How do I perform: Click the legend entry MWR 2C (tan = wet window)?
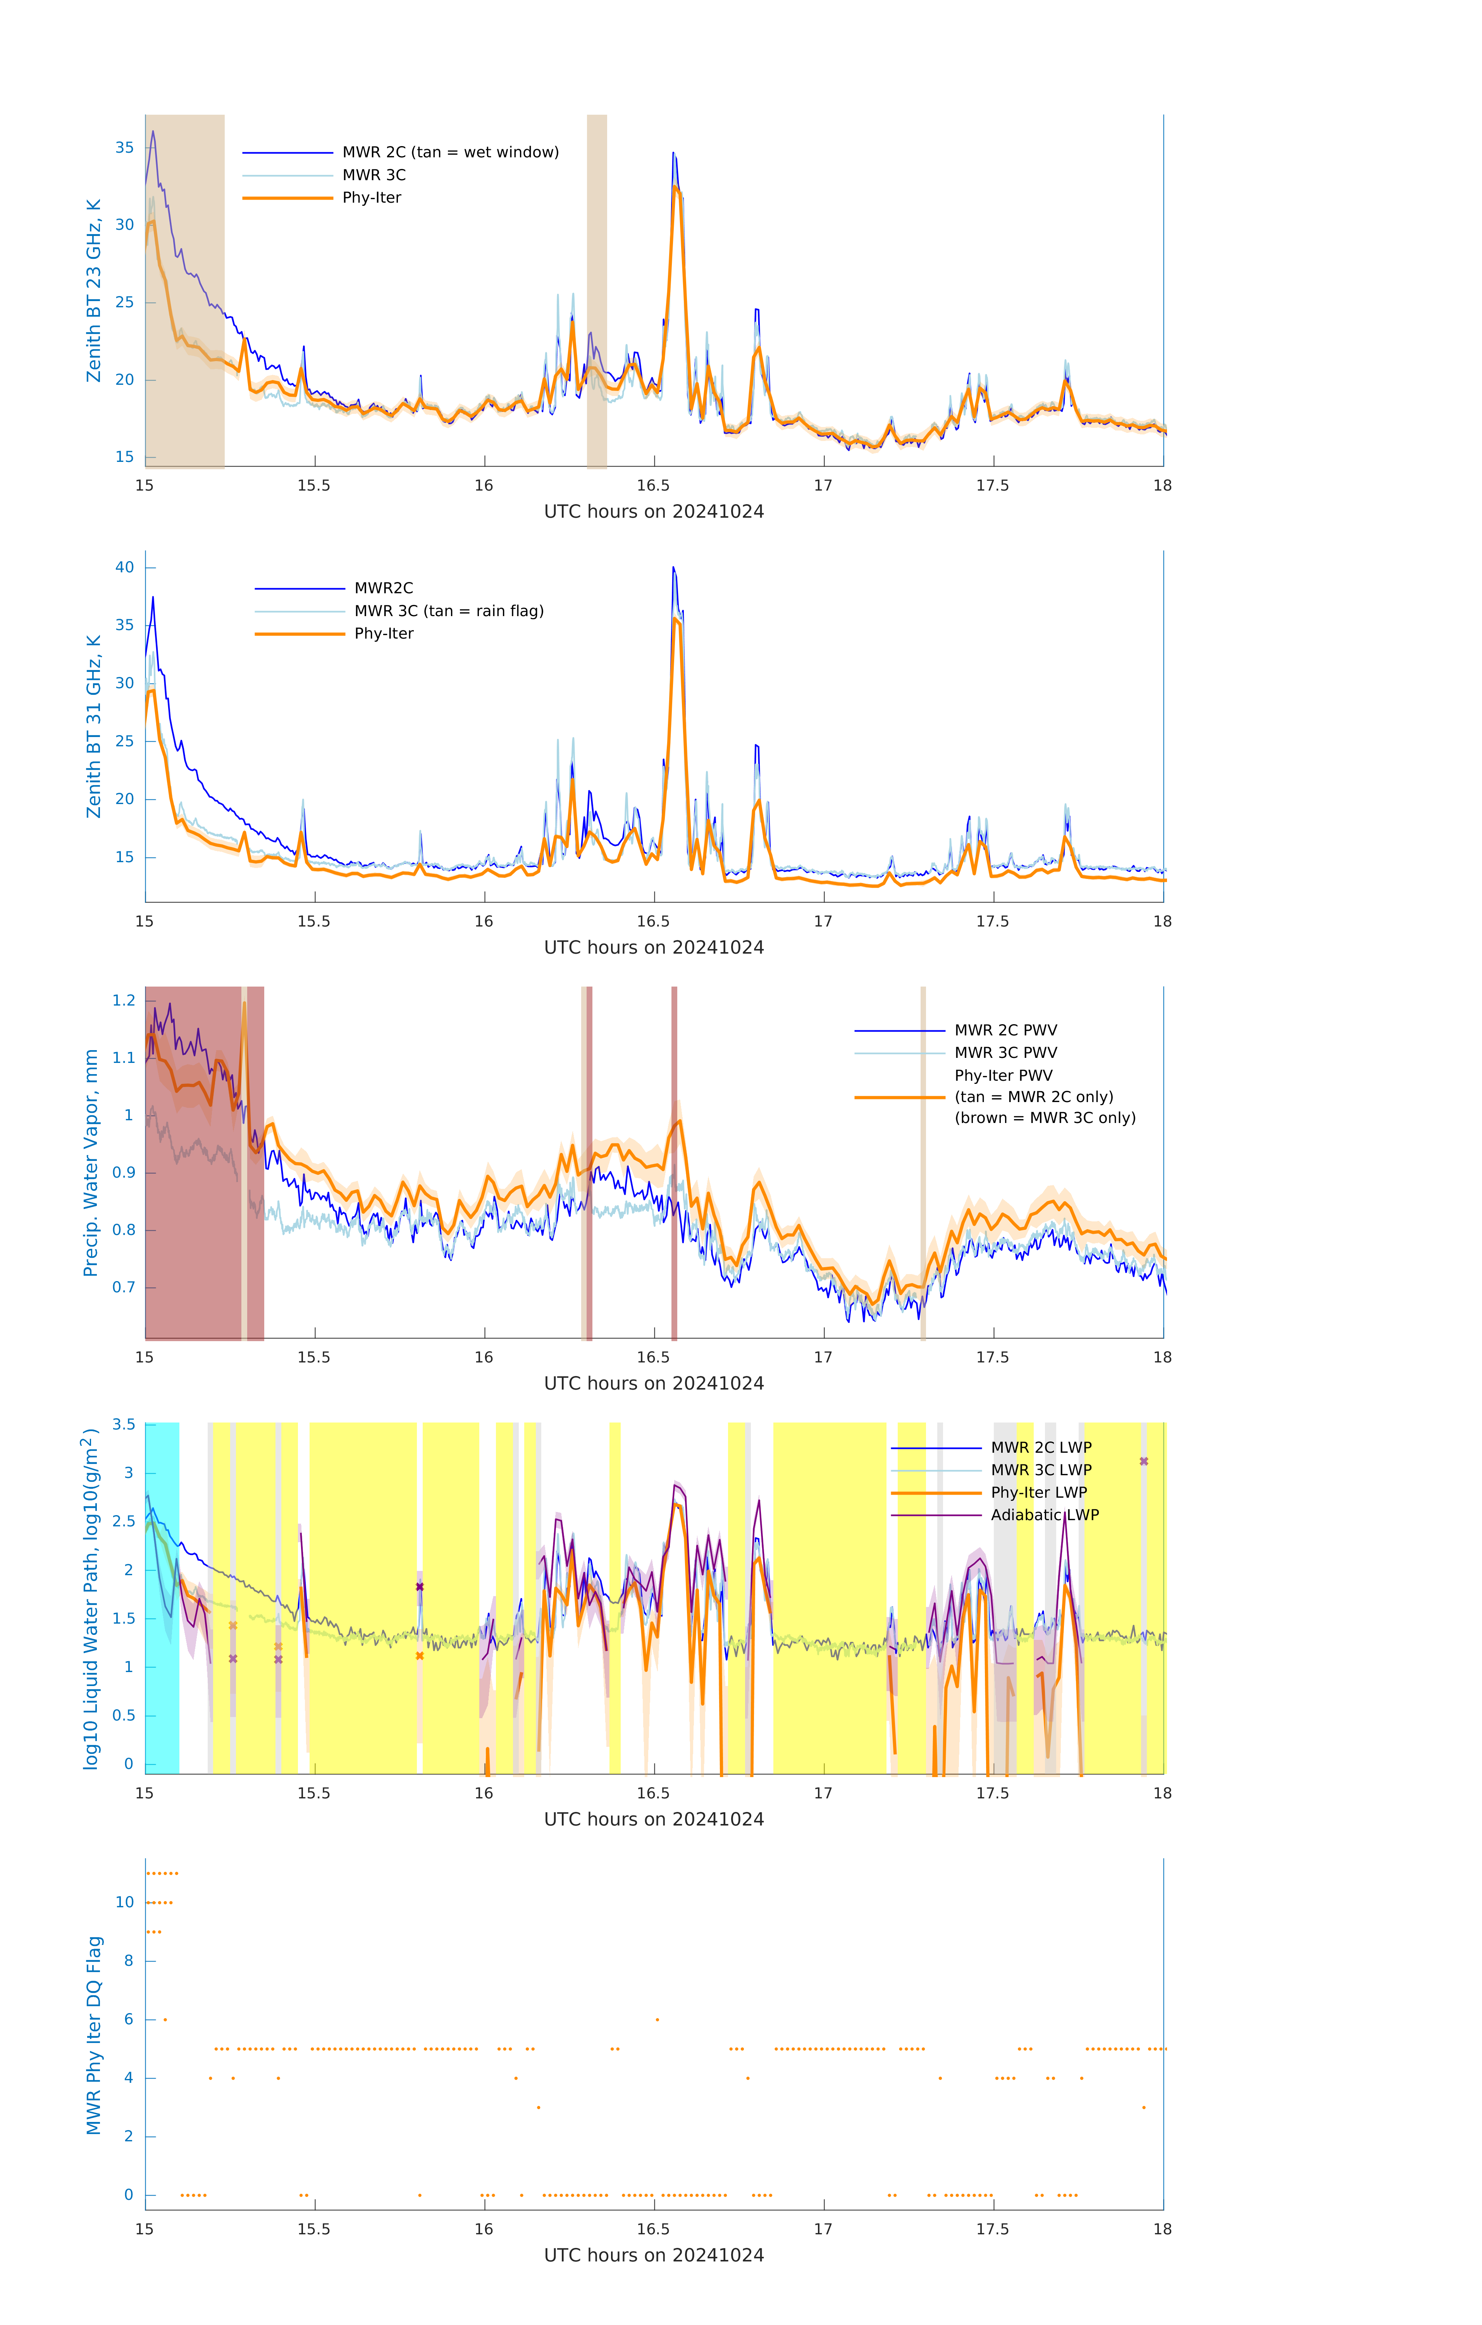click(x=450, y=153)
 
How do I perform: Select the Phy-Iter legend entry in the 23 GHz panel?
click(x=372, y=198)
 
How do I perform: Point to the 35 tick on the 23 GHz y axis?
click(x=124, y=148)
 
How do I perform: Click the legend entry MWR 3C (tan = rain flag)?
click(x=449, y=611)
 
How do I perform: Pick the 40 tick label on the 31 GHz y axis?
click(x=124, y=568)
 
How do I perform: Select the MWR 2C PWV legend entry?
click(x=1005, y=1030)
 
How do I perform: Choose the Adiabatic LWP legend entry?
click(x=1045, y=1515)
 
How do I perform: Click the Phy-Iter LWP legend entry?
click(x=1039, y=1493)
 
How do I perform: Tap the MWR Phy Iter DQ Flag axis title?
click(x=94, y=2035)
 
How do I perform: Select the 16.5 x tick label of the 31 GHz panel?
click(x=654, y=922)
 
